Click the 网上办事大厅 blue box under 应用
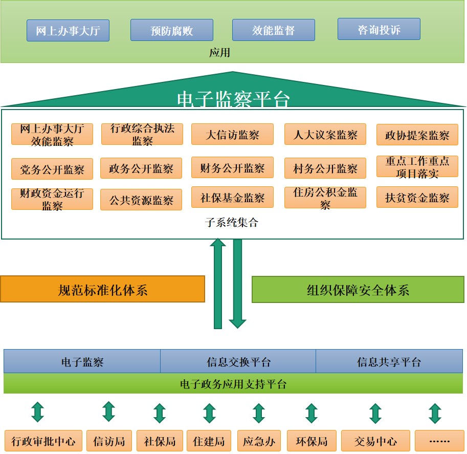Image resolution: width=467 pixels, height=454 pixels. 68,31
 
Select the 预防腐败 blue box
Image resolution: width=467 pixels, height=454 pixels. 172,30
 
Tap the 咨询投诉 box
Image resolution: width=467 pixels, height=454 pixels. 379,29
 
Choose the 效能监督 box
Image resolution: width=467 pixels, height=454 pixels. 274,30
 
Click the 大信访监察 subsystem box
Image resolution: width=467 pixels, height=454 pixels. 233,135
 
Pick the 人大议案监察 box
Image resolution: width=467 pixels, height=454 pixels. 325,135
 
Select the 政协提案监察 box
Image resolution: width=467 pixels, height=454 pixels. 417,135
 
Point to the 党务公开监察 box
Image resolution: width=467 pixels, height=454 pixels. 52,169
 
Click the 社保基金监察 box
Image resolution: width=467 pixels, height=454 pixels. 233,198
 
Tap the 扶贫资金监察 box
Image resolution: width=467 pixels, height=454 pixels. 417,198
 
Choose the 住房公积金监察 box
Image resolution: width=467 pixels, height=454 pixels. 325,198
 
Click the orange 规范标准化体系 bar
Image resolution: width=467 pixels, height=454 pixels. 103,290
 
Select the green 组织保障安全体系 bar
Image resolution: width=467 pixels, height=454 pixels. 358,290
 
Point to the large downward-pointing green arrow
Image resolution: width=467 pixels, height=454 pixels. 237,284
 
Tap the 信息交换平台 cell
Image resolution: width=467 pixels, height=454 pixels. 238,362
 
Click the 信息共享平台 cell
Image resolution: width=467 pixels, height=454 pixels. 389,362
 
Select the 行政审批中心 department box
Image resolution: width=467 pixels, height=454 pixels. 43,441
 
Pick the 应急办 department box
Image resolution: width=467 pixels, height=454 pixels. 259,441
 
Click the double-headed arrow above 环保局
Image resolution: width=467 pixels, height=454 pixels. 312,413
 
